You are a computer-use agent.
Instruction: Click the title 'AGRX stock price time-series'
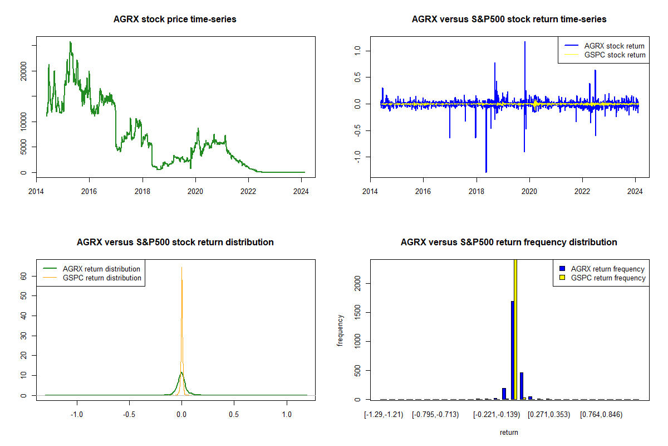[175, 20]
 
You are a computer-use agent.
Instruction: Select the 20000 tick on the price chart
[24, 71]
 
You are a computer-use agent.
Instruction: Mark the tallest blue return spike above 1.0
[524, 42]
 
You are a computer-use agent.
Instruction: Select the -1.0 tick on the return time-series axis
[358, 157]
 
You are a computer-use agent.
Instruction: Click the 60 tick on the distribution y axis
[24, 275]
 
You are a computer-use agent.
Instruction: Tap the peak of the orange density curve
[181, 268]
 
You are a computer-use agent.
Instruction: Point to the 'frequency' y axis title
[340, 330]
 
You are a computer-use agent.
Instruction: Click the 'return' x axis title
[509, 432]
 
